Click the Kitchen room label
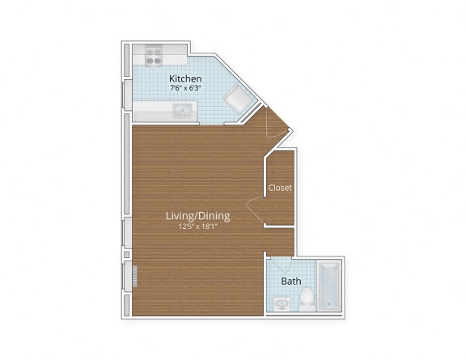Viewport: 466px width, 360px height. (x=185, y=79)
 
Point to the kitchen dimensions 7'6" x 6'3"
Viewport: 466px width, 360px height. (x=185, y=90)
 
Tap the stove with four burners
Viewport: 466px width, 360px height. (x=153, y=56)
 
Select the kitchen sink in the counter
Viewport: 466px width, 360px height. (x=181, y=111)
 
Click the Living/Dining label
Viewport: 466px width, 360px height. (x=197, y=216)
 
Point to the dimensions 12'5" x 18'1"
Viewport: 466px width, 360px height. (x=197, y=227)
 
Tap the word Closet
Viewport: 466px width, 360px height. (x=280, y=188)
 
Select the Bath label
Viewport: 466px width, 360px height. (x=290, y=282)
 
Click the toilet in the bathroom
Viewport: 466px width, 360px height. (x=306, y=300)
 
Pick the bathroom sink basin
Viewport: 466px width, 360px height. (x=281, y=305)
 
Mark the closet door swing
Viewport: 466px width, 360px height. (x=257, y=212)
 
